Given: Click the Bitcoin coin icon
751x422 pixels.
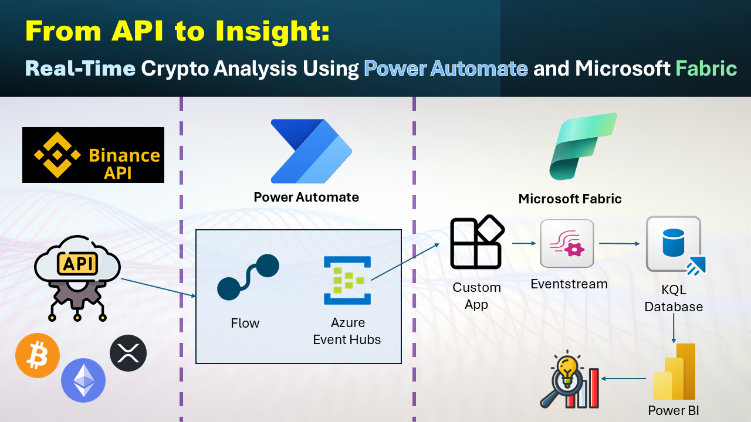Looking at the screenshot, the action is pyautogui.click(x=38, y=355).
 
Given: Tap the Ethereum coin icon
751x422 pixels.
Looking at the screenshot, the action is pyautogui.click(x=83, y=380).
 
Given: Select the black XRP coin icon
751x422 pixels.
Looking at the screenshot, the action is pyautogui.click(x=128, y=353).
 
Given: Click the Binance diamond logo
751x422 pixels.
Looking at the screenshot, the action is pyautogui.click(x=57, y=155).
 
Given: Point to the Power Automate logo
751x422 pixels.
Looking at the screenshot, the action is pyautogui.click(x=311, y=151).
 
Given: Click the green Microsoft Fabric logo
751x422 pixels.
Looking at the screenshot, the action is pyautogui.click(x=583, y=147).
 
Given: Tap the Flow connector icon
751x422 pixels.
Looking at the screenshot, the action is pyautogui.click(x=248, y=277).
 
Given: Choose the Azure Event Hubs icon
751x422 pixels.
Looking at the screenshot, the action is pyautogui.click(x=347, y=280).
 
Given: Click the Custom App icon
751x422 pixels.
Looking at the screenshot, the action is pyautogui.click(x=477, y=242).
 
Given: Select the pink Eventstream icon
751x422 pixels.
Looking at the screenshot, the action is pyautogui.click(x=567, y=243).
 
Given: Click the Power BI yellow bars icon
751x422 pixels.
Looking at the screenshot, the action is pyautogui.click(x=674, y=372).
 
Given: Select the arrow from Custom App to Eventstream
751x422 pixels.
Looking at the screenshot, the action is pyautogui.click(x=524, y=243).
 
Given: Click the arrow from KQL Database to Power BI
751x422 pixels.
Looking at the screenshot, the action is pyautogui.click(x=674, y=328).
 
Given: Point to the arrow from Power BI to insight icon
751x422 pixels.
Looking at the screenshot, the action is pyautogui.click(x=623, y=379).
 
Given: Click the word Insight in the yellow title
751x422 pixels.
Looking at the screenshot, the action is pyautogui.click(x=273, y=32).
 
